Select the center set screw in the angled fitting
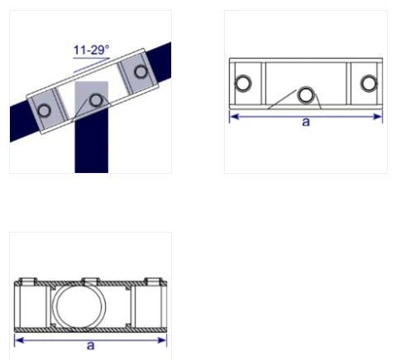(x=97, y=100)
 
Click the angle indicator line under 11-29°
(x=89, y=60)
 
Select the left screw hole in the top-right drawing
(x=244, y=84)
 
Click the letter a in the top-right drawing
(x=306, y=122)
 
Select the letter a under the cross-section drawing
(x=91, y=345)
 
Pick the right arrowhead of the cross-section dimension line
(x=163, y=339)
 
